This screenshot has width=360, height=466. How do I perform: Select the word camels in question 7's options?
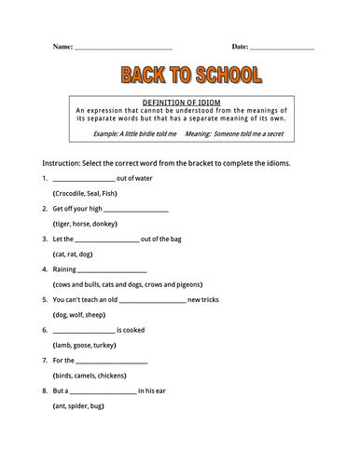coord(88,375)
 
